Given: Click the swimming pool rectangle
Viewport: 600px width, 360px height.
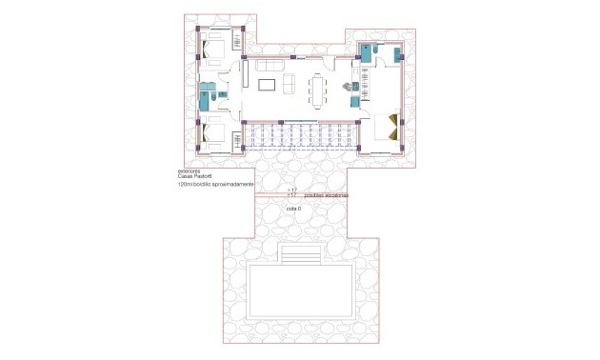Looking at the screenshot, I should tap(302, 290).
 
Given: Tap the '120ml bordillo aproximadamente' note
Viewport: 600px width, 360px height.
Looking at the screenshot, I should tap(215, 187).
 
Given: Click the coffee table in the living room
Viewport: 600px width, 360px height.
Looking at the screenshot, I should tap(268, 86).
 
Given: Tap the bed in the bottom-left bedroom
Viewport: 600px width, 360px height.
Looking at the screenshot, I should tap(216, 136).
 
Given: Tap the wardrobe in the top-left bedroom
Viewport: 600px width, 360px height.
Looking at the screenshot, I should tap(238, 43).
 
